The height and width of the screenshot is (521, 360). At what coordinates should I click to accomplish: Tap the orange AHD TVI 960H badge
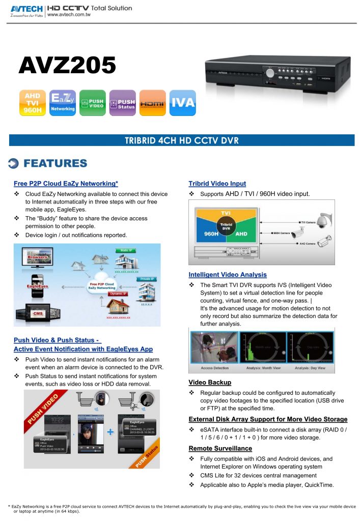(33, 103)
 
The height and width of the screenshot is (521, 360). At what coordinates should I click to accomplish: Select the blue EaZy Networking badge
(63, 103)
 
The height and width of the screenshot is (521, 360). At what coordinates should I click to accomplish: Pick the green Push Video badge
(92, 103)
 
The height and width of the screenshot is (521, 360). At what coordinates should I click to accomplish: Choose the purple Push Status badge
(122, 103)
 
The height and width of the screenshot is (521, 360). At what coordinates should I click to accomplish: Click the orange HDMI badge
(152, 103)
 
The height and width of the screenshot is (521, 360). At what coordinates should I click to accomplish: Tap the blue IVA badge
(182, 103)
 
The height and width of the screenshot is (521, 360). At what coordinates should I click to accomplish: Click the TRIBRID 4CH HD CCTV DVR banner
(182, 140)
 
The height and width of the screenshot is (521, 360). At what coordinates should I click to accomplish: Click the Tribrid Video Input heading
(217, 184)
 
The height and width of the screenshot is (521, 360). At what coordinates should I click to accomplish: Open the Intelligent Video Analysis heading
(227, 275)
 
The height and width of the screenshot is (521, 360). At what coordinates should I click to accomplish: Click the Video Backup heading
(210, 382)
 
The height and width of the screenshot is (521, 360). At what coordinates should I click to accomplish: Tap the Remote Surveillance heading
(220, 448)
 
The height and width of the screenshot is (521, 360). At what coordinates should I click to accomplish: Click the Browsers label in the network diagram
(38, 257)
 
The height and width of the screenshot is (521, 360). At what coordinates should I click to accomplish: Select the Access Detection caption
(214, 367)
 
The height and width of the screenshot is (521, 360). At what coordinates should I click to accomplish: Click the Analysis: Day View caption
(311, 367)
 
